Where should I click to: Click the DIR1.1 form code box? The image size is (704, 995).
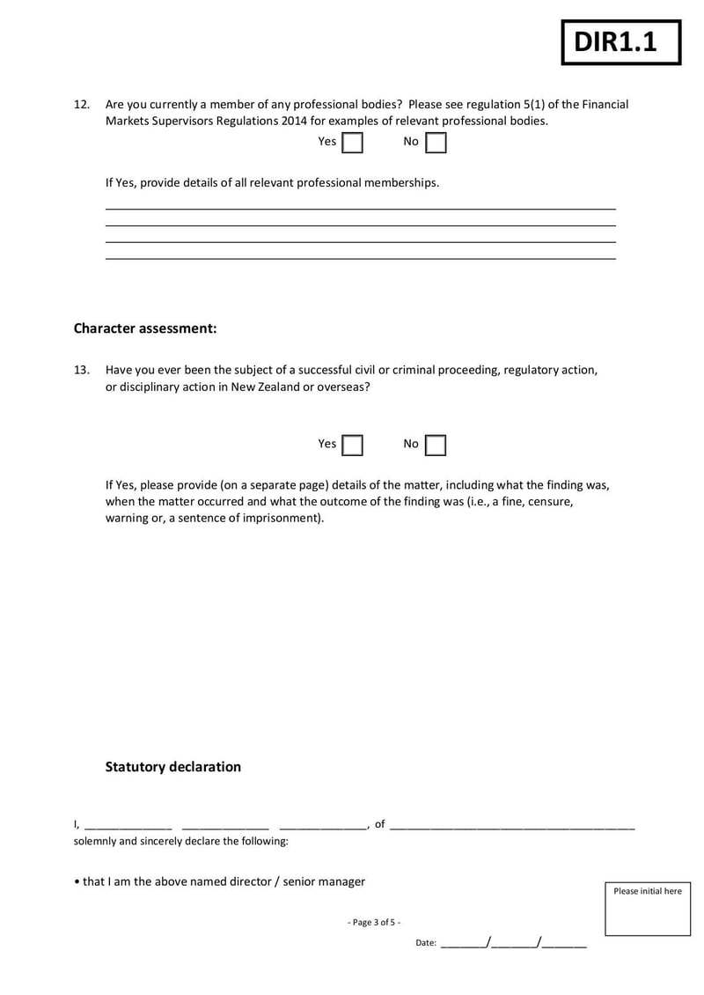coord(621,42)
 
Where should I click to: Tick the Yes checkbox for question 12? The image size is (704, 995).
coord(352,143)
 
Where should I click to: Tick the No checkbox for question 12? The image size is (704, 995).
coord(436,143)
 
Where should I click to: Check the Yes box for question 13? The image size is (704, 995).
coord(352,446)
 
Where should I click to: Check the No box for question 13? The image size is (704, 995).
coord(436,446)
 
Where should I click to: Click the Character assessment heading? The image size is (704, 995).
coord(144,328)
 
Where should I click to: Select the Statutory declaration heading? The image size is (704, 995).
coord(172,767)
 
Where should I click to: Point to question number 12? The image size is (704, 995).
coord(81,104)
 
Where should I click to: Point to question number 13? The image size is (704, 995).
coord(81,371)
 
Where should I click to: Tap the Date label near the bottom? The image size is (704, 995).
coord(426,943)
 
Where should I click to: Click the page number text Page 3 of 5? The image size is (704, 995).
coord(374,922)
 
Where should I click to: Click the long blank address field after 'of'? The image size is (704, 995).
coord(511,826)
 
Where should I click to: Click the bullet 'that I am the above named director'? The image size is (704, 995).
coord(220,881)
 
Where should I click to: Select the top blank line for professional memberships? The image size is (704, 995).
coord(360,208)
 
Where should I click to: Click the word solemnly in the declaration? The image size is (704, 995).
coord(95,842)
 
